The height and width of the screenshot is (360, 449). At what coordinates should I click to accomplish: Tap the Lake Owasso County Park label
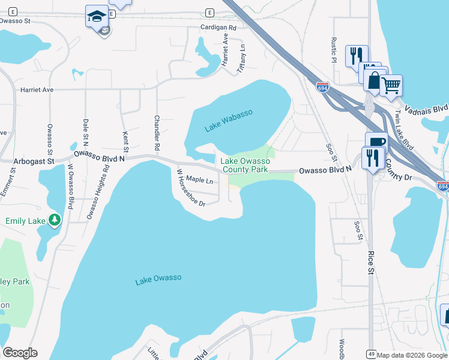point(244,165)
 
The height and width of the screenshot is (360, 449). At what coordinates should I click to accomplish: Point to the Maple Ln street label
point(199,179)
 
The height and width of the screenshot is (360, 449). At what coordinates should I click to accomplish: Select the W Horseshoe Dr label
point(190,188)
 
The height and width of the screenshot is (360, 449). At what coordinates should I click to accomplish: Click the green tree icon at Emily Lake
point(55,220)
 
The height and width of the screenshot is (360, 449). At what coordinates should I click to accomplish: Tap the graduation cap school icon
point(96,17)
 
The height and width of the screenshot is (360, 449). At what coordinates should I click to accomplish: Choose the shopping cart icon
point(391,85)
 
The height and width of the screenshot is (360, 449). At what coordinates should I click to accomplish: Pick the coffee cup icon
point(376,143)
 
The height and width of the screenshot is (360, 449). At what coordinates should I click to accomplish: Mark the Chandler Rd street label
point(157,133)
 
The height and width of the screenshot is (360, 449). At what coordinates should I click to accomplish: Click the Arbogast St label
point(34,161)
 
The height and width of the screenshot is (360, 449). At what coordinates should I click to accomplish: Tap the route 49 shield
point(372,355)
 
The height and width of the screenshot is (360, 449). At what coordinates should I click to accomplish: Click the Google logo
point(20,353)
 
